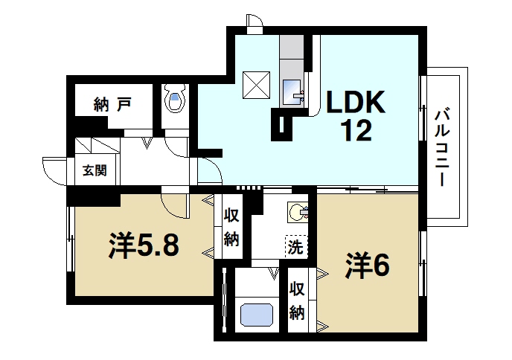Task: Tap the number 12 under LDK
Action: point(356,132)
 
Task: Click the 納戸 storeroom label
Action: point(113,103)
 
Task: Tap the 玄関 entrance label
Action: point(94,170)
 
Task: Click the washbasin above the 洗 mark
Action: point(298,212)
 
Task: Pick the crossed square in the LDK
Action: point(257,84)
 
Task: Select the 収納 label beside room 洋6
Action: point(297,300)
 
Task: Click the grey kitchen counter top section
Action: point(292,51)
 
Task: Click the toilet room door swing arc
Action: point(176,146)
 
